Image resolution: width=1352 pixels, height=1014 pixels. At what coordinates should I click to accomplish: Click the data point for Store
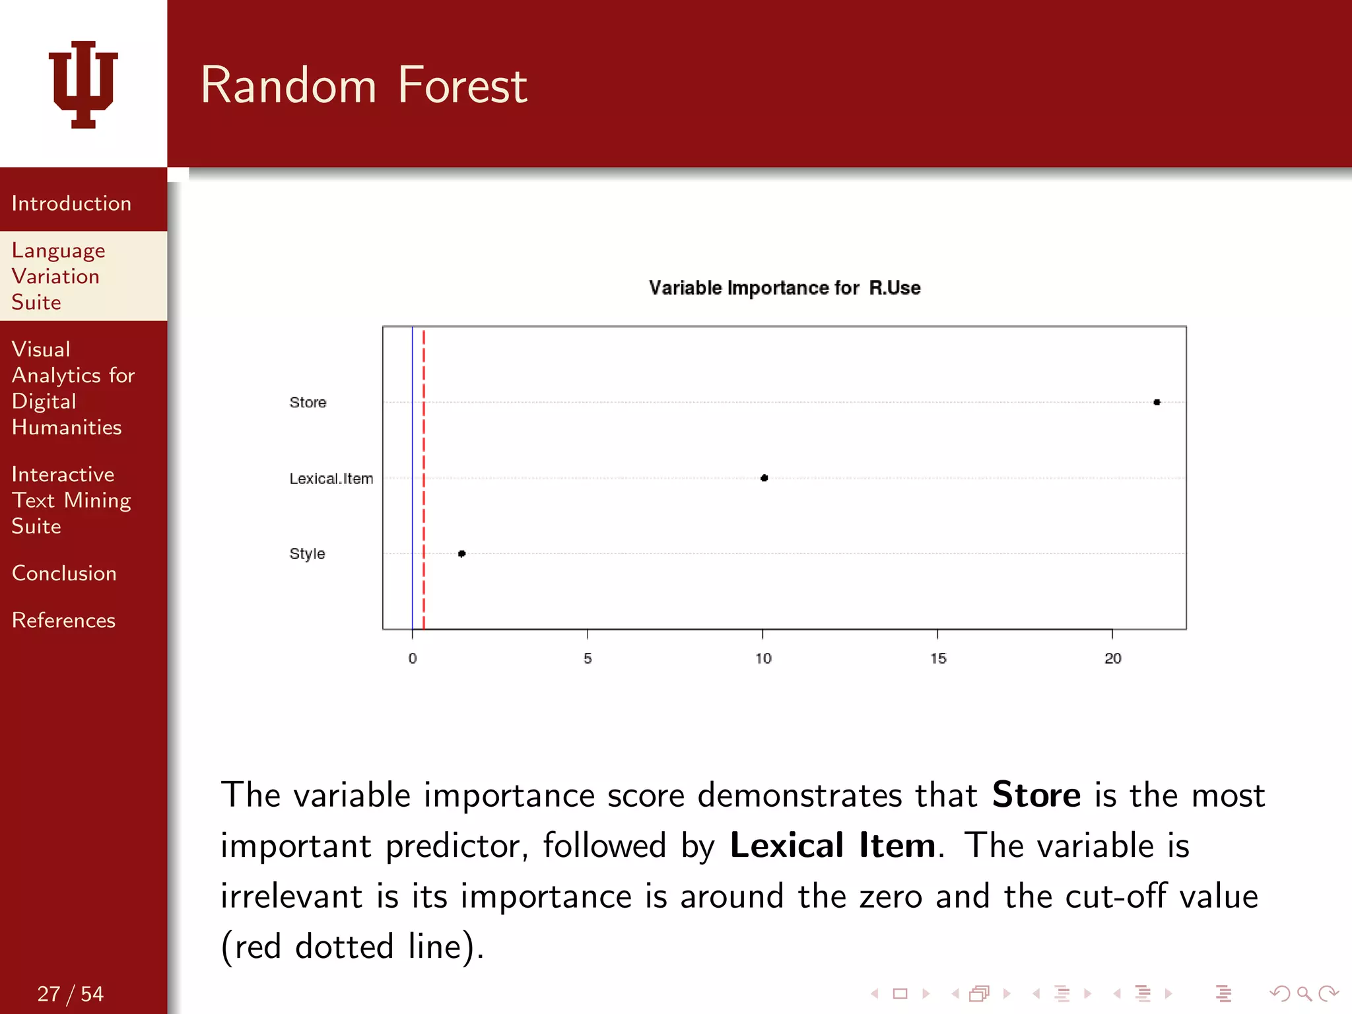tap(1157, 402)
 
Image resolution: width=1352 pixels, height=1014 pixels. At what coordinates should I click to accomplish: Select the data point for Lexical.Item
tap(764, 478)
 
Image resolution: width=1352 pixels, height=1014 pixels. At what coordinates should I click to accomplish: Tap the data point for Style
tap(462, 553)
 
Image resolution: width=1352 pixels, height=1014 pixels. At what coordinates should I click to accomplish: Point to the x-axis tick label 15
tap(938, 658)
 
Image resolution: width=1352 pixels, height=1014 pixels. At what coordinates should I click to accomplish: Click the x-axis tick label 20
tap(1113, 658)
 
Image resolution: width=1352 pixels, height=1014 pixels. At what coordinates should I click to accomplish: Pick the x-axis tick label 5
tap(588, 658)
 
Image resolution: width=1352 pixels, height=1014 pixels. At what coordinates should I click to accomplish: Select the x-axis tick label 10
tap(763, 658)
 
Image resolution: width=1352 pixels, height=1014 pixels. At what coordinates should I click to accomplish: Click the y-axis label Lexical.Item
tap(331, 479)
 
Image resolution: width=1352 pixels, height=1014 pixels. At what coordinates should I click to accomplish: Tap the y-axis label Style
tap(307, 553)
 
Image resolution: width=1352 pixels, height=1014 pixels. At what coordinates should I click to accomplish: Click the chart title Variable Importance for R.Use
tap(784, 288)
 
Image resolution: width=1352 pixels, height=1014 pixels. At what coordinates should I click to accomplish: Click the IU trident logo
tap(83, 84)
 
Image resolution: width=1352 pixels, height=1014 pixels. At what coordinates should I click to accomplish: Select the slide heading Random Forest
tap(364, 86)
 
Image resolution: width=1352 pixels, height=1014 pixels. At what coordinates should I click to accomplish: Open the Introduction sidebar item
tap(71, 203)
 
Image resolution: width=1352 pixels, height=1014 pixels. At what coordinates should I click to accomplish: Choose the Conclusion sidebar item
tap(64, 573)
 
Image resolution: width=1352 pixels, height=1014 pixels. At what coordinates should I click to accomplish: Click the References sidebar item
tap(63, 620)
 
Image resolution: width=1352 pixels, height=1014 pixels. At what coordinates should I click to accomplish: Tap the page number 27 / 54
tap(70, 994)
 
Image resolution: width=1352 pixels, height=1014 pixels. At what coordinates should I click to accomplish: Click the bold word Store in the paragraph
tap(1036, 794)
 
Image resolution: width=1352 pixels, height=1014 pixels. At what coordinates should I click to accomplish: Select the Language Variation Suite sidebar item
tap(58, 276)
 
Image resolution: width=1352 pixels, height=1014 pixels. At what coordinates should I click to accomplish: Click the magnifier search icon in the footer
tap(1304, 994)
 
